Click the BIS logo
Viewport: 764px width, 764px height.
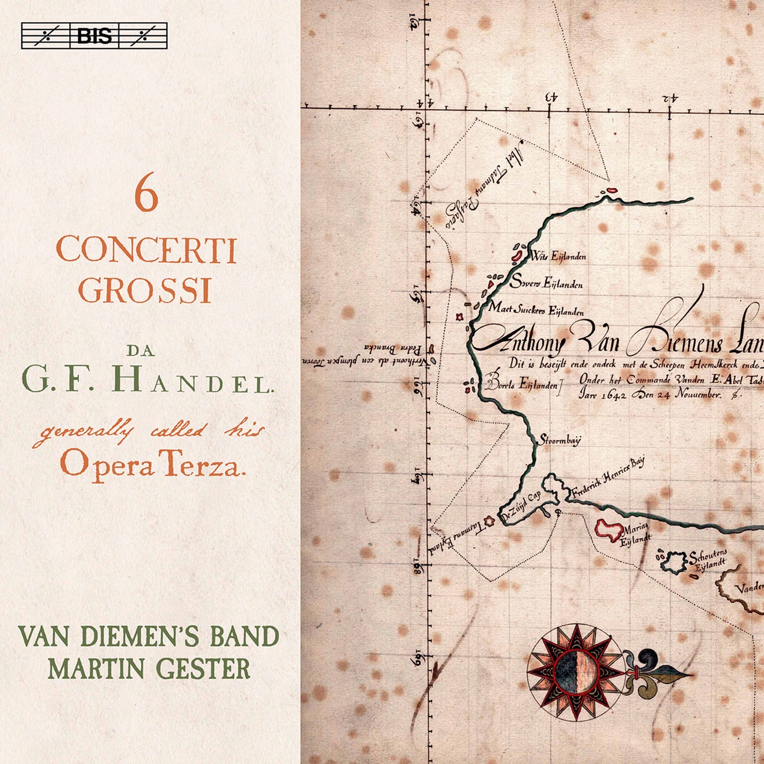[94, 36]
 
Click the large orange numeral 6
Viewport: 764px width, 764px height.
[146, 197]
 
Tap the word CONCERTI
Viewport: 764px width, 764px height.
[146, 251]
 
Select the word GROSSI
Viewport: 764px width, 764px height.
[145, 290]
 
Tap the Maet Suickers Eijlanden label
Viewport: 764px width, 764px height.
[536, 309]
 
